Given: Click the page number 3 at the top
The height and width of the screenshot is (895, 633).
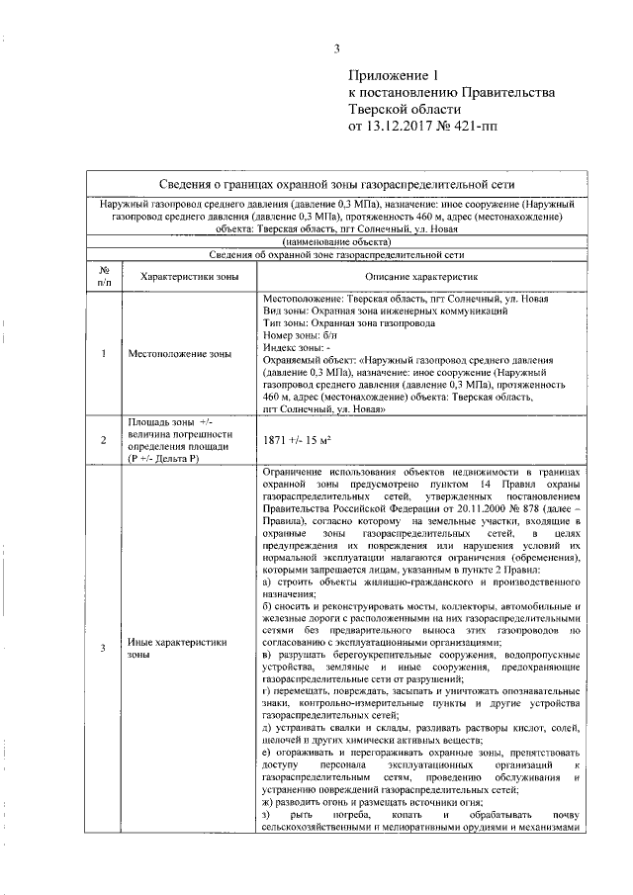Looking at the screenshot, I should pos(337,49).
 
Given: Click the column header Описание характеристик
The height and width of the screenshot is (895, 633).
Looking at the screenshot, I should pos(421,278).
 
